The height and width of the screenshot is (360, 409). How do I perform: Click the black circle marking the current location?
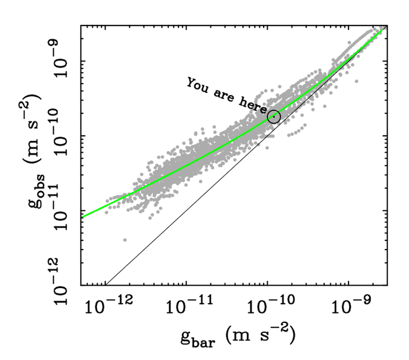(274, 116)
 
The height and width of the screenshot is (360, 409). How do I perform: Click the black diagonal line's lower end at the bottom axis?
(105, 285)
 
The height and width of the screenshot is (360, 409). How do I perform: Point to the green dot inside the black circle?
(274, 116)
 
